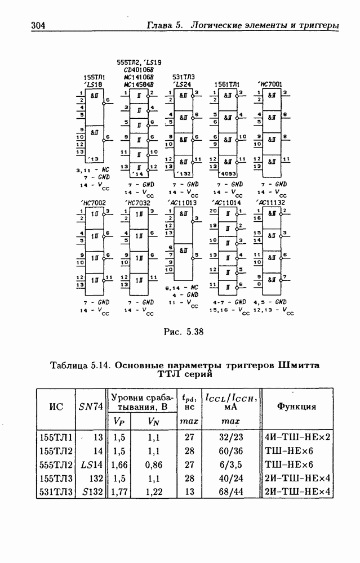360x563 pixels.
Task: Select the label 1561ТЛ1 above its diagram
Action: click(227, 84)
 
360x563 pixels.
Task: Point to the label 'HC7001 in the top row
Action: click(270, 84)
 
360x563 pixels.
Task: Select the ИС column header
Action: click(56, 407)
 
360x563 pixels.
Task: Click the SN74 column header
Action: click(91, 407)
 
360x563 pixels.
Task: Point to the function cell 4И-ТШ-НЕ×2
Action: click(297, 437)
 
